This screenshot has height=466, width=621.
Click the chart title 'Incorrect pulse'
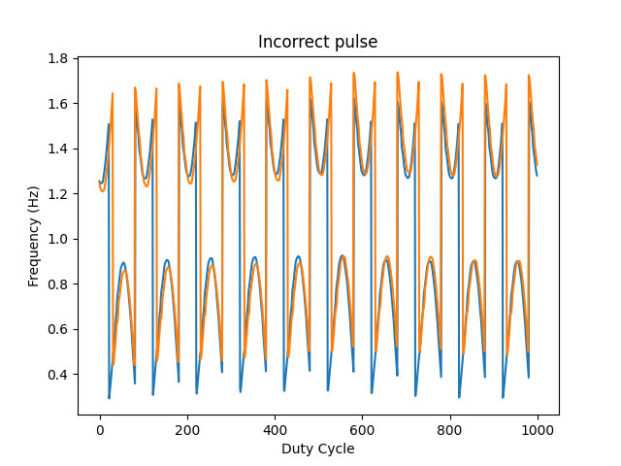pyautogui.click(x=317, y=42)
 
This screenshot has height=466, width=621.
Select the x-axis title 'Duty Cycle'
pyautogui.click(x=317, y=449)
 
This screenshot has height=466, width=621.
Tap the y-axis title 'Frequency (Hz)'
pyautogui.click(x=33, y=236)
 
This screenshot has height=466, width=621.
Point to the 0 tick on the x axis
pyautogui.click(x=100, y=429)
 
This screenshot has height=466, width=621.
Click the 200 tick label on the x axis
pyautogui.click(x=187, y=429)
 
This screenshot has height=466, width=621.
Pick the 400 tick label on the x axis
pyautogui.click(x=275, y=429)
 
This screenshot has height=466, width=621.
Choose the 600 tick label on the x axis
pyautogui.click(x=362, y=429)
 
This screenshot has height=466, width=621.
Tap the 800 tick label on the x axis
pyautogui.click(x=449, y=429)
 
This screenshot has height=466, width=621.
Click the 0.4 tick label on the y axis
pyautogui.click(x=60, y=375)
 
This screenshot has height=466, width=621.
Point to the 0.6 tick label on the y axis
pyautogui.click(x=60, y=329)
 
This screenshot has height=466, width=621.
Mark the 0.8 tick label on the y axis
pyautogui.click(x=60, y=284)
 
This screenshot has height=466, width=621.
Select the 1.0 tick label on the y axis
pyautogui.click(x=60, y=239)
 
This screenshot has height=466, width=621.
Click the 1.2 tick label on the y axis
pyautogui.click(x=60, y=194)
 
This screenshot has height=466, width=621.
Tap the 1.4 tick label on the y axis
pyautogui.click(x=60, y=149)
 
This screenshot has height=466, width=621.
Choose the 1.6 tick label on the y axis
pyautogui.click(x=60, y=104)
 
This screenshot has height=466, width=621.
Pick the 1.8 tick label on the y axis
pyautogui.click(x=60, y=58)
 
